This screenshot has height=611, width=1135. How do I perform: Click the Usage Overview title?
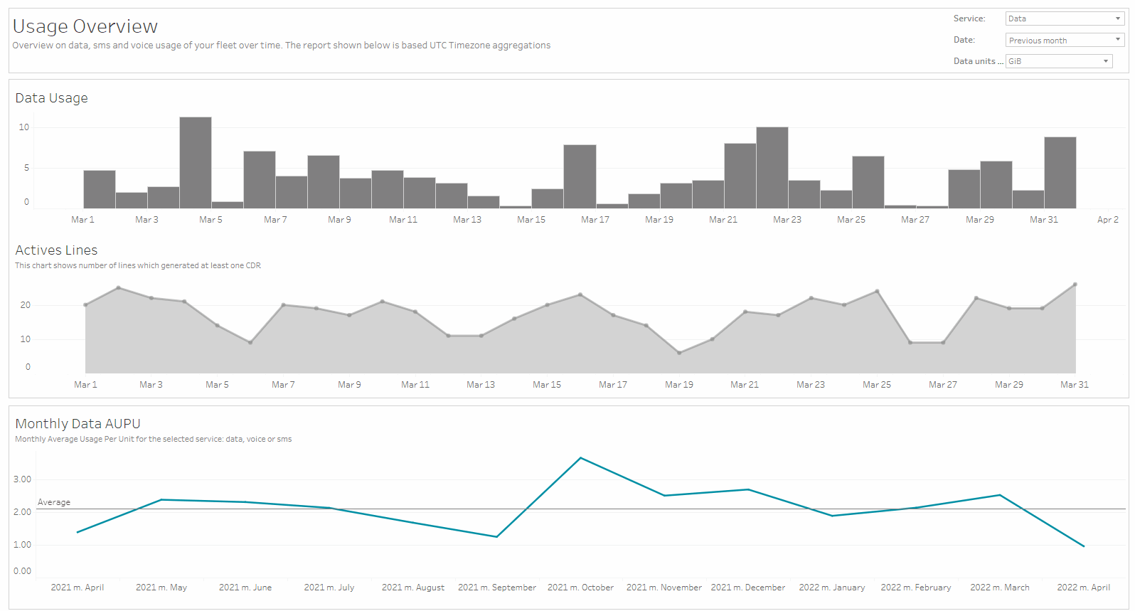85,26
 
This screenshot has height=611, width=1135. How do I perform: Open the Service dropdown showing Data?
1064,18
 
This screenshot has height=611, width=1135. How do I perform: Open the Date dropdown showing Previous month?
1064,40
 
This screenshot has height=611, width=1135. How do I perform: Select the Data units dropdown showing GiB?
1058,61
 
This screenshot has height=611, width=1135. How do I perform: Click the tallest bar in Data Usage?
196,163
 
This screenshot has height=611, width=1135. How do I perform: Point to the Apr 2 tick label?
1107,220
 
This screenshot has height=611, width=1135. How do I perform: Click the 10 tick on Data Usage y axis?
24,127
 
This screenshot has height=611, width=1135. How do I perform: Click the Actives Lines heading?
56,250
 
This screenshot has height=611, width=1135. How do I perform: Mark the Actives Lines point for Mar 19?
679,353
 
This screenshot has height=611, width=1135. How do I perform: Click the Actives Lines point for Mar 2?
118,288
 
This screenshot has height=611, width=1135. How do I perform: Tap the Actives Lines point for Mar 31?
1075,285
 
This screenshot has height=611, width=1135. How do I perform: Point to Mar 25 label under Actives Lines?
876,385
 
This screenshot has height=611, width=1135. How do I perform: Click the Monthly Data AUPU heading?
78,424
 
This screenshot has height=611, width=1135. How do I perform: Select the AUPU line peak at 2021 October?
580,458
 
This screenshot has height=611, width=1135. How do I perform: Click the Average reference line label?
54,502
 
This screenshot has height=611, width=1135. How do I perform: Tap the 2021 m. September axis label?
496,588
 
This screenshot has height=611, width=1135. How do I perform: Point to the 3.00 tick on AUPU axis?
23,479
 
